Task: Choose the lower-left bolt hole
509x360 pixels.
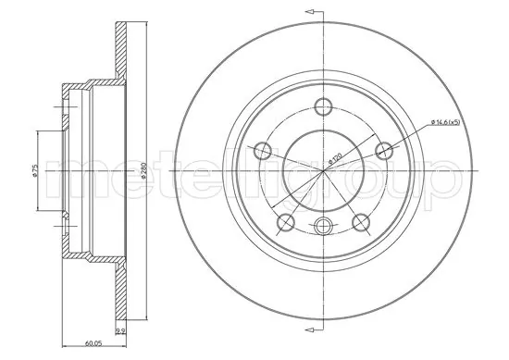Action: pyautogui.click(x=287, y=221)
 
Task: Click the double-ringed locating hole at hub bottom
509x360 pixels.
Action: pyautogui.click(x=322, y=226)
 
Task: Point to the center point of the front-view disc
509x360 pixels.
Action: pyautogui.click(x=322, y=172)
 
